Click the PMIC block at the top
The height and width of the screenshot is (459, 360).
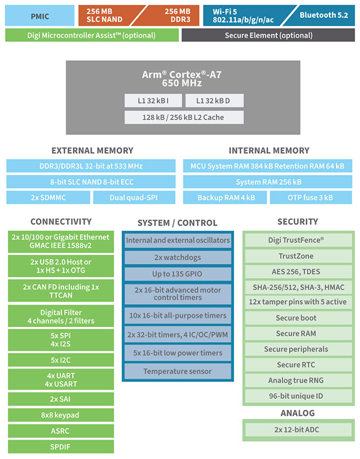click(40, 15)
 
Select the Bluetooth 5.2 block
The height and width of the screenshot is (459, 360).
click(323, 15)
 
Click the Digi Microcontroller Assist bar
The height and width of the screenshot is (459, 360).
click(92, 35)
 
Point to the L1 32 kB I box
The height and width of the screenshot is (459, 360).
click(153, 100)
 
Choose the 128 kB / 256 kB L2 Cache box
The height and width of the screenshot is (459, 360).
click(184, 118)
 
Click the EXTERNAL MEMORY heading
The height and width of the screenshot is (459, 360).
click(92, 150)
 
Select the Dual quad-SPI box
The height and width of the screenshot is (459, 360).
click(134, 197)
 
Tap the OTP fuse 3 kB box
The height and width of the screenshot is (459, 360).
click(310, 197)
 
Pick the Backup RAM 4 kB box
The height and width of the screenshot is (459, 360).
click(225, 197)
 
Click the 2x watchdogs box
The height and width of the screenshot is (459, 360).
click(177, 258)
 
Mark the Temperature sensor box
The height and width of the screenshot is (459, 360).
click(177, 371)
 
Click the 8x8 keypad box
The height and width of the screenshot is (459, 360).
click(60, 415)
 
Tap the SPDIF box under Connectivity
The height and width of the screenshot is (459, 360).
click(60, 446)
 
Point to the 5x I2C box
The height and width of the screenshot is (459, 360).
click(60, 361)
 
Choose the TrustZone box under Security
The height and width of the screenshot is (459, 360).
click(296, 256)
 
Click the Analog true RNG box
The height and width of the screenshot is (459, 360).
click(296, 380)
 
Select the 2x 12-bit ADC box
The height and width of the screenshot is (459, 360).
click(296, 430)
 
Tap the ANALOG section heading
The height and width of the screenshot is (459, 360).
click(298, 413)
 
